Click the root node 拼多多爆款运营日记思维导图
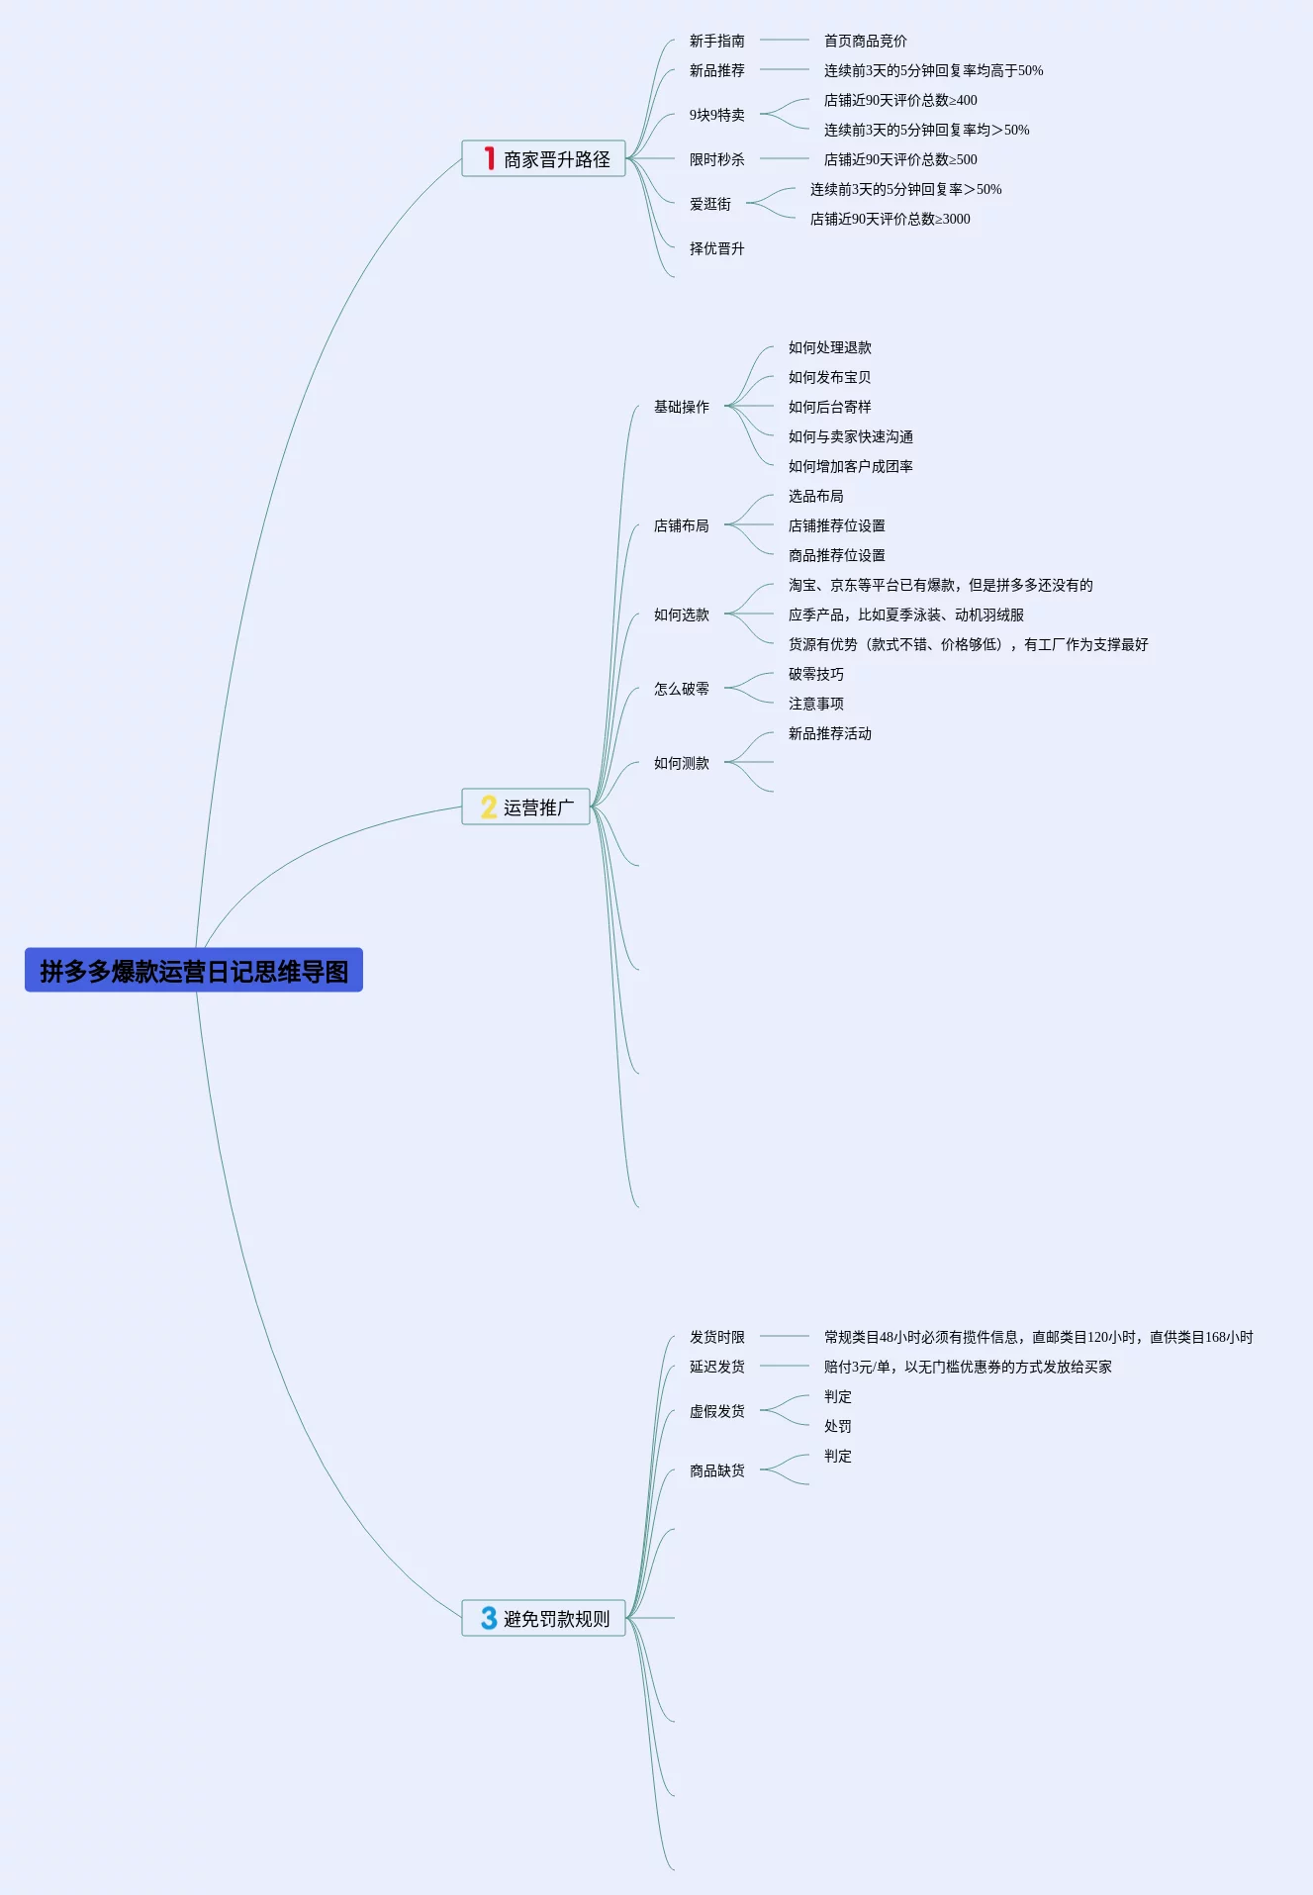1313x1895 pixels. click(194, 971)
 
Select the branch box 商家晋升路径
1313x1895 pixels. click(544, 158)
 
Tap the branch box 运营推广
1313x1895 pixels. click(526, 806)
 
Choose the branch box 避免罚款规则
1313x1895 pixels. click(544, 1618)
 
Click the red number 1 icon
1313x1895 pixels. click(489, 158)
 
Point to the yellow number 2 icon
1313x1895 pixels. click(489, 806)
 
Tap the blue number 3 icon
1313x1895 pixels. click(489, 1618)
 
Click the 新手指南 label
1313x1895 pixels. click(716, 41)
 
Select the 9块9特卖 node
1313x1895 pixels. click(716, 115)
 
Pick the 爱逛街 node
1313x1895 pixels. click(709, 204)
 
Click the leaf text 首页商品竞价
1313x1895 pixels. click(865, 41)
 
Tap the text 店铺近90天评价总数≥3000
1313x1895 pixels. click(890, 219)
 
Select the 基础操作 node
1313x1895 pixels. click(681, 407)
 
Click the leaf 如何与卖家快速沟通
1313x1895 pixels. click(850, 436)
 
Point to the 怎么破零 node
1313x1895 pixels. click(681, 689)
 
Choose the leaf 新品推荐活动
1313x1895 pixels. click(829, 733)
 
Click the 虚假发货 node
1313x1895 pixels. click(716, 1411)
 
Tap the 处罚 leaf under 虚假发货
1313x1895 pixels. click(837, 1426)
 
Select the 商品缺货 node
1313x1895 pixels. click(716, 1470)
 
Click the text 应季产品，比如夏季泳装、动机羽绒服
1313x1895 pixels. click(905, 615)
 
